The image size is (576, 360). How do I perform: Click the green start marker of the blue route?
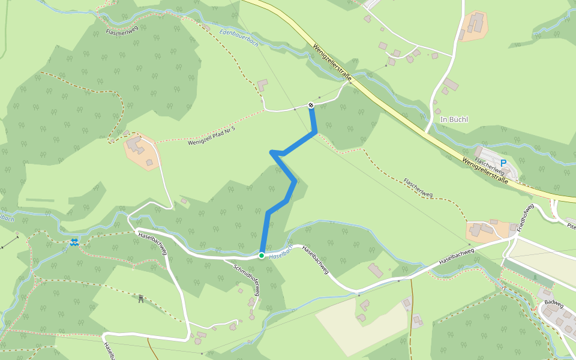coord(262,256)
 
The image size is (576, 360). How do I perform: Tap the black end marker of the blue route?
coord(311,106)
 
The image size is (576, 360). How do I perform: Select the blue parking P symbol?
coord(503,163)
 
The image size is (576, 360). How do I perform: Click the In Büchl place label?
coord(454,119)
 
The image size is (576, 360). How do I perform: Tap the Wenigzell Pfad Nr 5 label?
coord(211,136)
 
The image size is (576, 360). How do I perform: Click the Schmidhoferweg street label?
coord(247,280)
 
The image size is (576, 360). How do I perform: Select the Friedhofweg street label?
coord(526,218)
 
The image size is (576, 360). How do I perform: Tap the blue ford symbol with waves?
coord(74,242)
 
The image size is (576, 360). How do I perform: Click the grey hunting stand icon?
coord(141,299)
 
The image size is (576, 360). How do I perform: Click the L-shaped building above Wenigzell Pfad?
coord(262,85)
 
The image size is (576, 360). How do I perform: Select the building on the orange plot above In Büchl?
coord(474,23)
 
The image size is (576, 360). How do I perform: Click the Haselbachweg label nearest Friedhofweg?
coord(456,256)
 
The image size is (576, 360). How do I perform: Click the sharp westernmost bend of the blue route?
coord(272,152)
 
